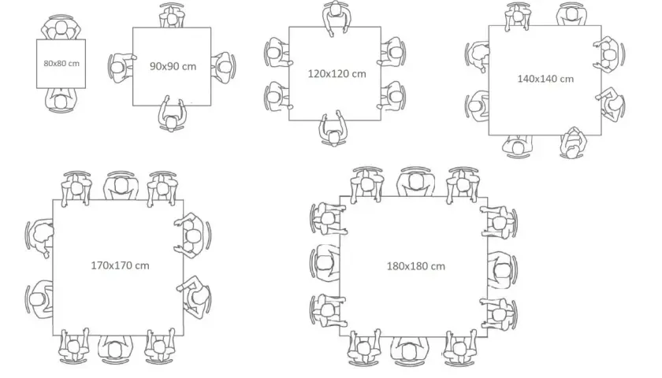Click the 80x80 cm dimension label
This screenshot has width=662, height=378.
61,64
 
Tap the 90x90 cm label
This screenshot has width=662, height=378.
173,66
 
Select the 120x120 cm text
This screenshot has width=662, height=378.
337,74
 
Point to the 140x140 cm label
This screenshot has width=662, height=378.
545,79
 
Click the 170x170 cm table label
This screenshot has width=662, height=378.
120,265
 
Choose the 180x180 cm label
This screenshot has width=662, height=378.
416,266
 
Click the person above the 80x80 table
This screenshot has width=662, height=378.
61,28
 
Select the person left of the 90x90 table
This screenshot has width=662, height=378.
121,67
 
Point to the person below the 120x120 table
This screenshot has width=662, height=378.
333,129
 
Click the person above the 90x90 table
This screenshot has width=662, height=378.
172,16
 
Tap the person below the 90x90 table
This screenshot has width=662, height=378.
172,114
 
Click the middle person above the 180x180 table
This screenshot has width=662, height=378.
416,181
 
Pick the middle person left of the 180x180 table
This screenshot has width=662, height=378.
325,263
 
